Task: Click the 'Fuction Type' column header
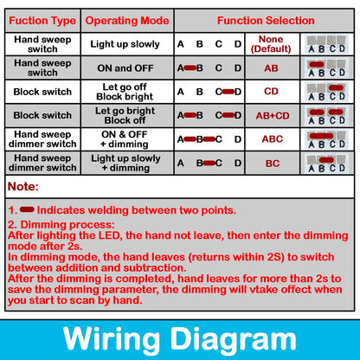[42, 21]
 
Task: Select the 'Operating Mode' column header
[126, 21]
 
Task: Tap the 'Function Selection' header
[266, 21]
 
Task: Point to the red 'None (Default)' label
[271, 44]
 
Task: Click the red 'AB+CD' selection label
[271, 114]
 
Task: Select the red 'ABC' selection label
[271, 138]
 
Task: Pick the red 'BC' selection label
[271, 162]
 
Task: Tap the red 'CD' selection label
[271, 91]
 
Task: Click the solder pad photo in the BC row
[326, 162]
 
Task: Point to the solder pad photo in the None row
[326, 44]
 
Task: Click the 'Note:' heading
[22, 186]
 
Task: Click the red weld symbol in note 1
[26, 209]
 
